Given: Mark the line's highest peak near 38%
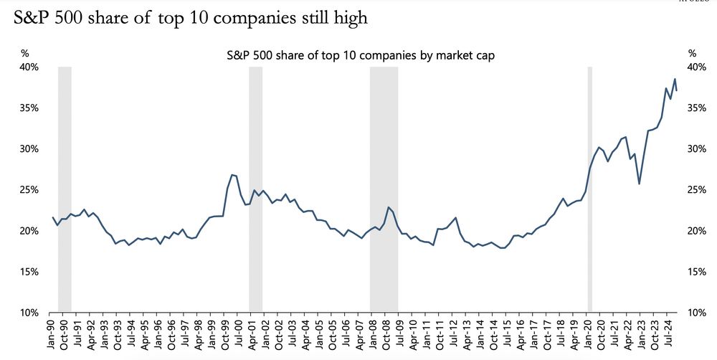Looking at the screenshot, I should click(x=674, y=79).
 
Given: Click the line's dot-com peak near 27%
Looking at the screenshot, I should click(x=232, y=174).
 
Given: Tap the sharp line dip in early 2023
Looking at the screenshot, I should click(x=639, y=184).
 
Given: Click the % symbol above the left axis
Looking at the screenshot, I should click(x=24, y=53).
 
